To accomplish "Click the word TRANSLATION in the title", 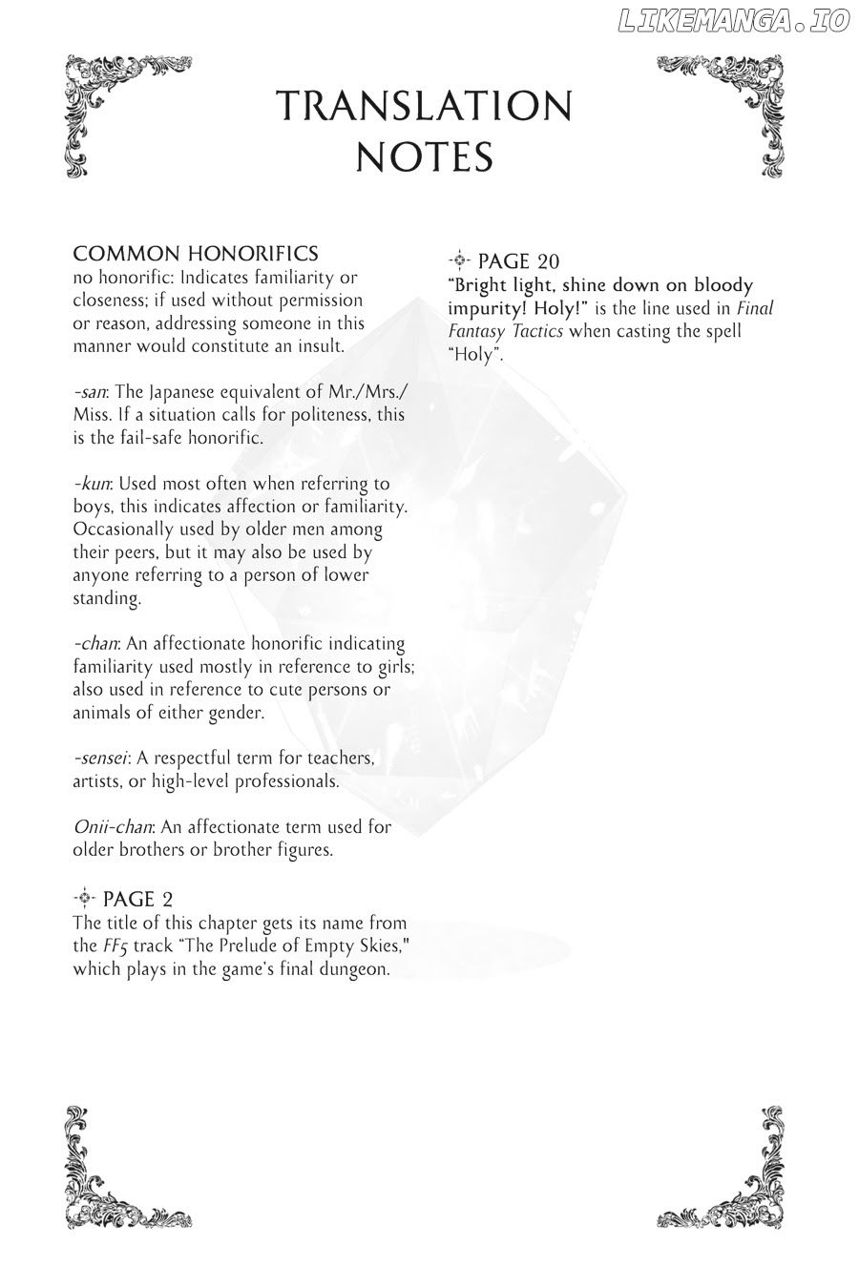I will (423, 107).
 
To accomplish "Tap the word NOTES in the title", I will (424, 157).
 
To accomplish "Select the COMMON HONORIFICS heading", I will (196, 254).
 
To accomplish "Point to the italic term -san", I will (91, 393).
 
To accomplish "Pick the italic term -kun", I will (92, 484).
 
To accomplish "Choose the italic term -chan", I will (94, 644).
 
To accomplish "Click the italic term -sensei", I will (101, 758).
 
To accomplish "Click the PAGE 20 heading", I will (518, 260).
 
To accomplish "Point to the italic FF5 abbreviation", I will (114, 947).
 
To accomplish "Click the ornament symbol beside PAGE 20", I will (459, 260).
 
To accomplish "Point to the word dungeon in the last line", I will (355, 969).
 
